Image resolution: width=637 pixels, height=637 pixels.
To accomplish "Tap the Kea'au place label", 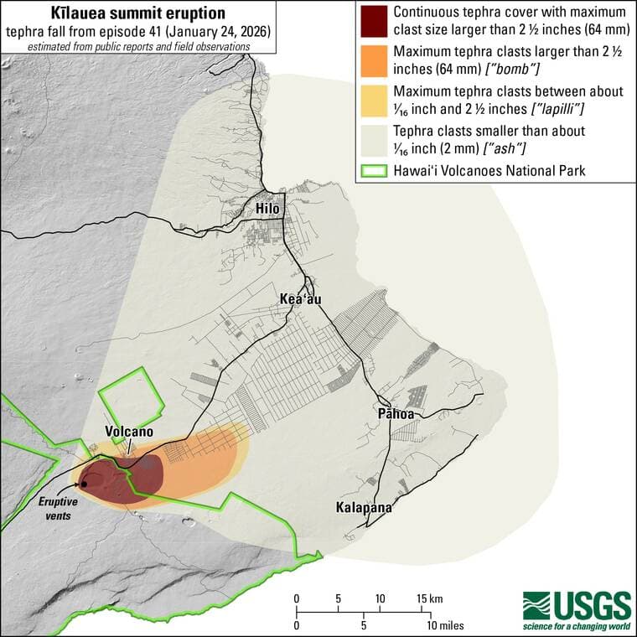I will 300,299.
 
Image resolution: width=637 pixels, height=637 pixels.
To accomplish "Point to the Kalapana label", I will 363,507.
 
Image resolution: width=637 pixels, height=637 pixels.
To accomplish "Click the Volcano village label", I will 129,432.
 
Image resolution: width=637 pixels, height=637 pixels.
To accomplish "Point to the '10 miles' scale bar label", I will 445,625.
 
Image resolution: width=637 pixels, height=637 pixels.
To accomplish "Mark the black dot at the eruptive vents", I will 85,484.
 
